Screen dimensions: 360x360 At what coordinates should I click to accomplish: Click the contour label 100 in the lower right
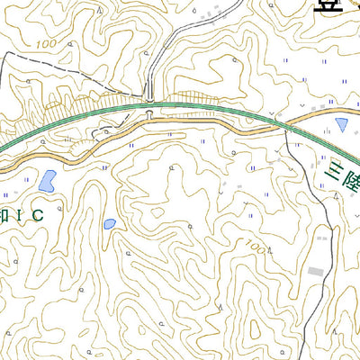[x=256, y=247]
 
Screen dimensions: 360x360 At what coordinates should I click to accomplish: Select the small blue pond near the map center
[x=109, y=223]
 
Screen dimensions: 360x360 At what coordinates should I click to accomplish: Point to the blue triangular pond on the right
[x=341, y=124]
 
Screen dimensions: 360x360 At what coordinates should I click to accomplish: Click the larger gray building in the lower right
[x=314, y=271]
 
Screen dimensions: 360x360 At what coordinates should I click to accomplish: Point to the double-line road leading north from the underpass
[x=155, y=63]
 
